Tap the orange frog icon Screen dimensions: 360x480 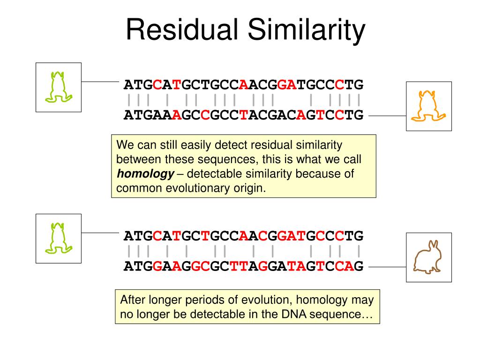coord(428,106)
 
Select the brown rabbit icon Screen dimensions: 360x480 coord(428,257)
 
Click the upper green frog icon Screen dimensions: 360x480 coord(59,87)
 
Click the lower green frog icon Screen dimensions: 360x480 coord(59,238)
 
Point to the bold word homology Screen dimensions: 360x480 coord(145,174)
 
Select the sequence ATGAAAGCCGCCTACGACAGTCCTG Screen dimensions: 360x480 coord(243,115)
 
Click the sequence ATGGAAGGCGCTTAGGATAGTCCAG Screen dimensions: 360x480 coord(243,266)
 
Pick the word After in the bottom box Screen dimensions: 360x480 coord(133,300)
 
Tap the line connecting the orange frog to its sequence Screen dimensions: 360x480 coord(387,115)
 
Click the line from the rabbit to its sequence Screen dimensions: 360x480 coord(387,267)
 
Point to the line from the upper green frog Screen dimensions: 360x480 coord(100,81)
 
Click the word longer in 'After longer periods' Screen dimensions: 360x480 coord(168,300)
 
